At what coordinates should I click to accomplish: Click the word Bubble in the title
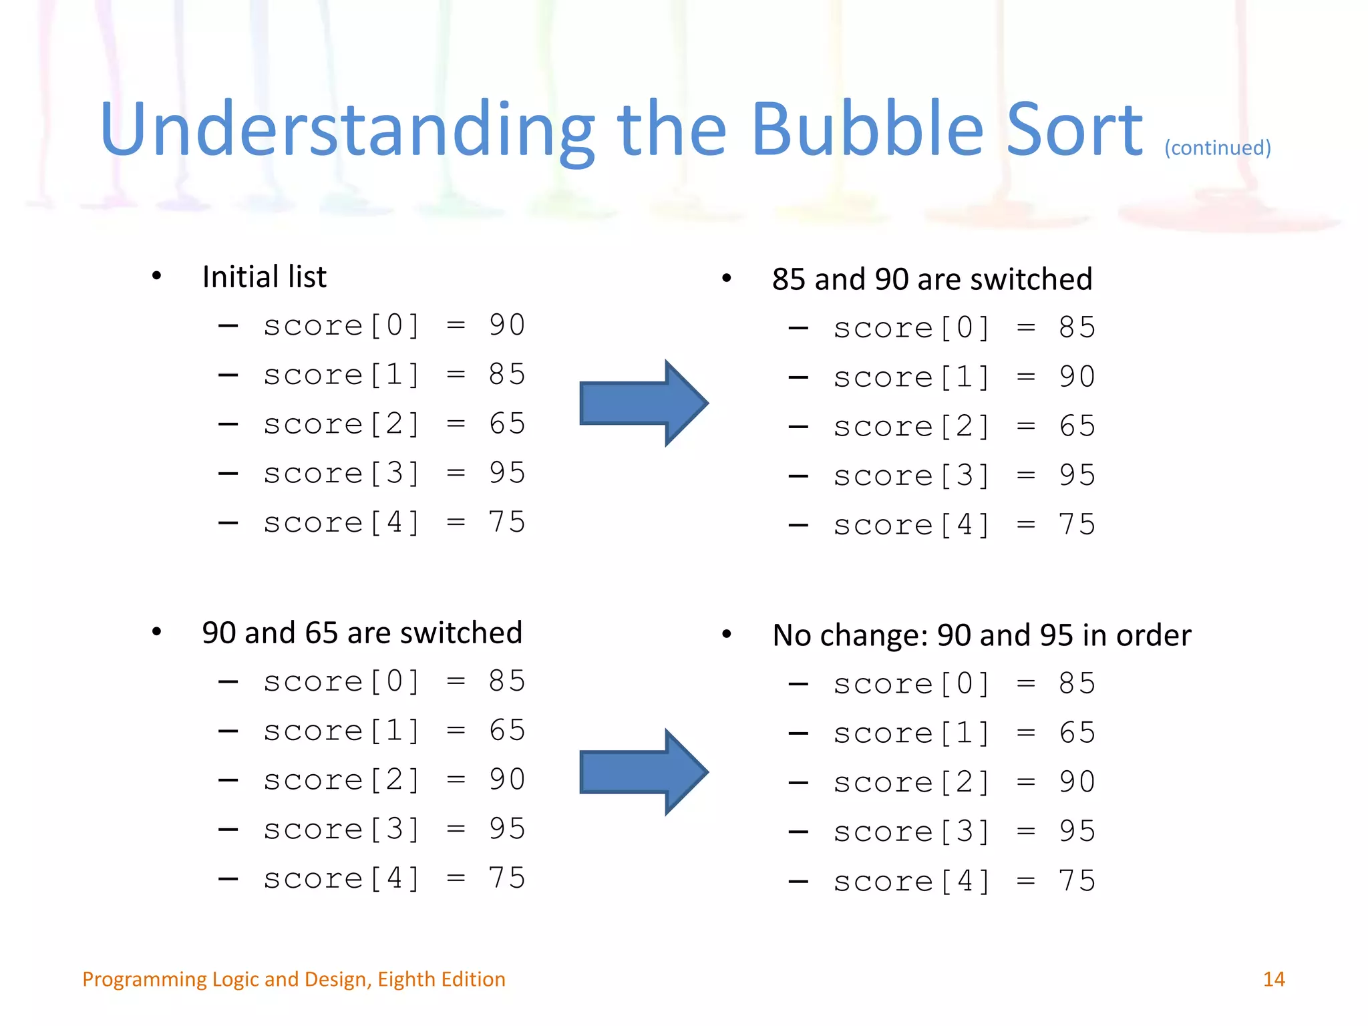[x=867, y=129]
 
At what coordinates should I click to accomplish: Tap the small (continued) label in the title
[x=1217, y=148]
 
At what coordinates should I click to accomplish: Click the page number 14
[x=1273, y=979]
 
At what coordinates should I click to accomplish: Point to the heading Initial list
[x=265, y=277]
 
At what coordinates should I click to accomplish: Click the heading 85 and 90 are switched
[x=932, y=279]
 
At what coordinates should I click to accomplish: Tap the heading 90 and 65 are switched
[x=362, y=633]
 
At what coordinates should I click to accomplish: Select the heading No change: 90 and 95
[x=981, y=635]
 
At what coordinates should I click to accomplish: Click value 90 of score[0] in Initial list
[x=507, y=325]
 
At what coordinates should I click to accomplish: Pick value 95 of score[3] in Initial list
[x=507, y=473]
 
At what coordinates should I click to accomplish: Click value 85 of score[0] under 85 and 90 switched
[x=1077, y=328]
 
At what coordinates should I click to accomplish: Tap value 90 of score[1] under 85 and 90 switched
[x=1077, y=377]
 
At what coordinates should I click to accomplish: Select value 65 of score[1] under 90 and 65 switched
[x=507, y=731]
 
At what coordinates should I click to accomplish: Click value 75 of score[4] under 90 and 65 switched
[x=507, y=878]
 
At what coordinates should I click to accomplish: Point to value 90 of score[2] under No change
[x=1077, y=782]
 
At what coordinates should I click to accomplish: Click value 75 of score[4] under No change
[x=1077, y=881]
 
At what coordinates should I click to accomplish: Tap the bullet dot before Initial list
[x=156, y=276]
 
